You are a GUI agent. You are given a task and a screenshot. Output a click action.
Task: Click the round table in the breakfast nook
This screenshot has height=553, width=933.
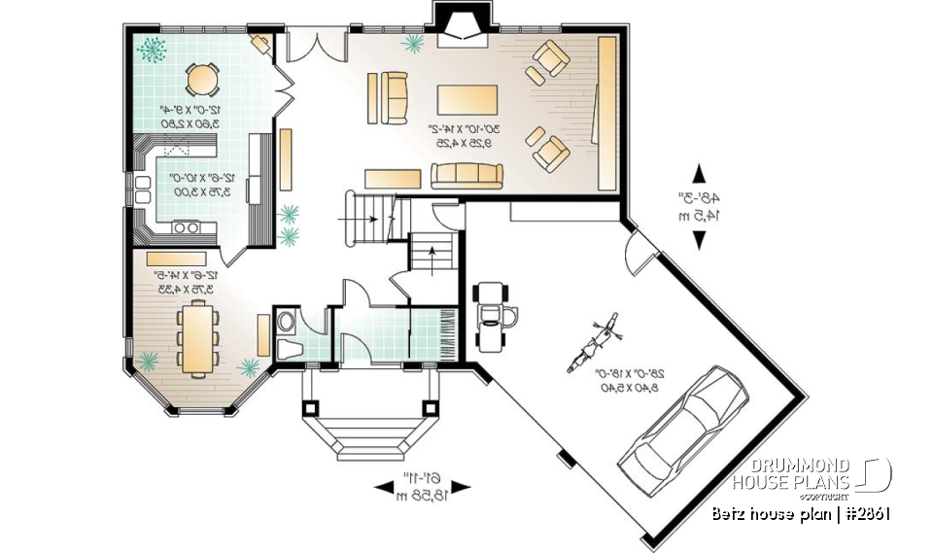point(202,79)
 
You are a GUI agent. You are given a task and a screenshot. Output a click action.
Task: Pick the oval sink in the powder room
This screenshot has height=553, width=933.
point(286,320)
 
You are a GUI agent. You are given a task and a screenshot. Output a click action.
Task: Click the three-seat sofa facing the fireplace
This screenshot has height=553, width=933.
point(466,175)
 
